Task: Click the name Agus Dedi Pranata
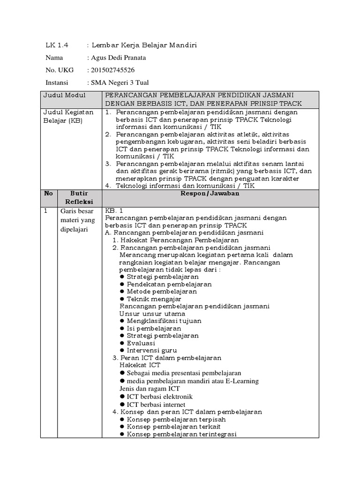click(x=117, y=58)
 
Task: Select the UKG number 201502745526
click(x=112, y=71)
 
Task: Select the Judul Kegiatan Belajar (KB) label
click(x=68, y=117)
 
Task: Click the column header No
click(x=49, y=193)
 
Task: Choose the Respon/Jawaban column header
click(x=210, y=193)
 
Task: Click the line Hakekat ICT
click(x=140, y=365)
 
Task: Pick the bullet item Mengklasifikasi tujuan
click(x=165, y=321)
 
